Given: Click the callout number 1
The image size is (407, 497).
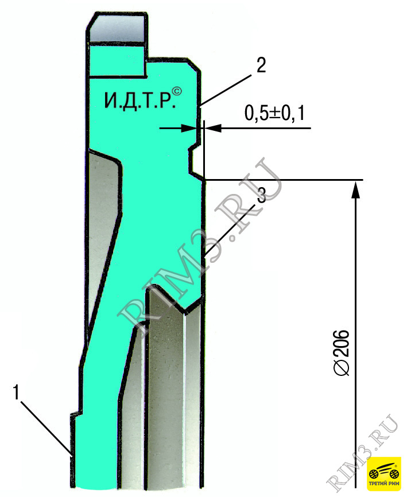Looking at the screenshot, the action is pyautogui.click(x=16, y=392).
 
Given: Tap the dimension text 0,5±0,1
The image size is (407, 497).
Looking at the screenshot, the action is pyautogui.click(x=274, y=113).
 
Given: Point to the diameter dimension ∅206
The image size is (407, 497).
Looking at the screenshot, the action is pyautogui.click(x=342, y=353).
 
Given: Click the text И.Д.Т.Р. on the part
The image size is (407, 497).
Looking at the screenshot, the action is pyautogui.click(x=140, y=101).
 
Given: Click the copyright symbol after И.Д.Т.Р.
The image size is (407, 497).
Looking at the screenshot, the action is pyautogui.click(x=177, y=91).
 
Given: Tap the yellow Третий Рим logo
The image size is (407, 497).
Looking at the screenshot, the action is pyautogui.click(x=384, y=473).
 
